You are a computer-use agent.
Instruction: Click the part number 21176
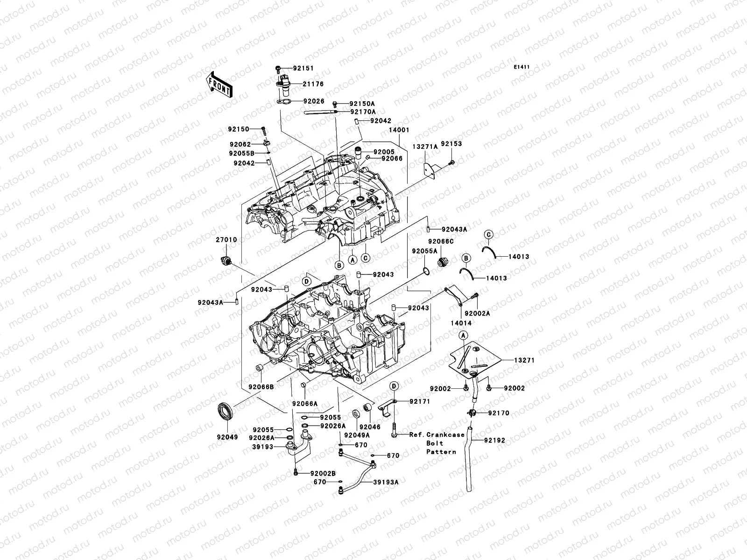(x=313, y=84)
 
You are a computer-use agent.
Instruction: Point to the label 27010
(x=226, y=239)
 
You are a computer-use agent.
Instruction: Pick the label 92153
(x=451, y=144)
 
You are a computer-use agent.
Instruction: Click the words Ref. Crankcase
(x=437, y=434)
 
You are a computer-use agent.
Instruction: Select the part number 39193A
(x=386, y=483)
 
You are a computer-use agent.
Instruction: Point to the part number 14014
(x=461, y=323)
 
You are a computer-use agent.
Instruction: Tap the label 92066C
(x=441, y=241)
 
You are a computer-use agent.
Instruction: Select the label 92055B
(x=241, y=153)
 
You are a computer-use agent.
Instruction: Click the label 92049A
(x=356, y=435)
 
